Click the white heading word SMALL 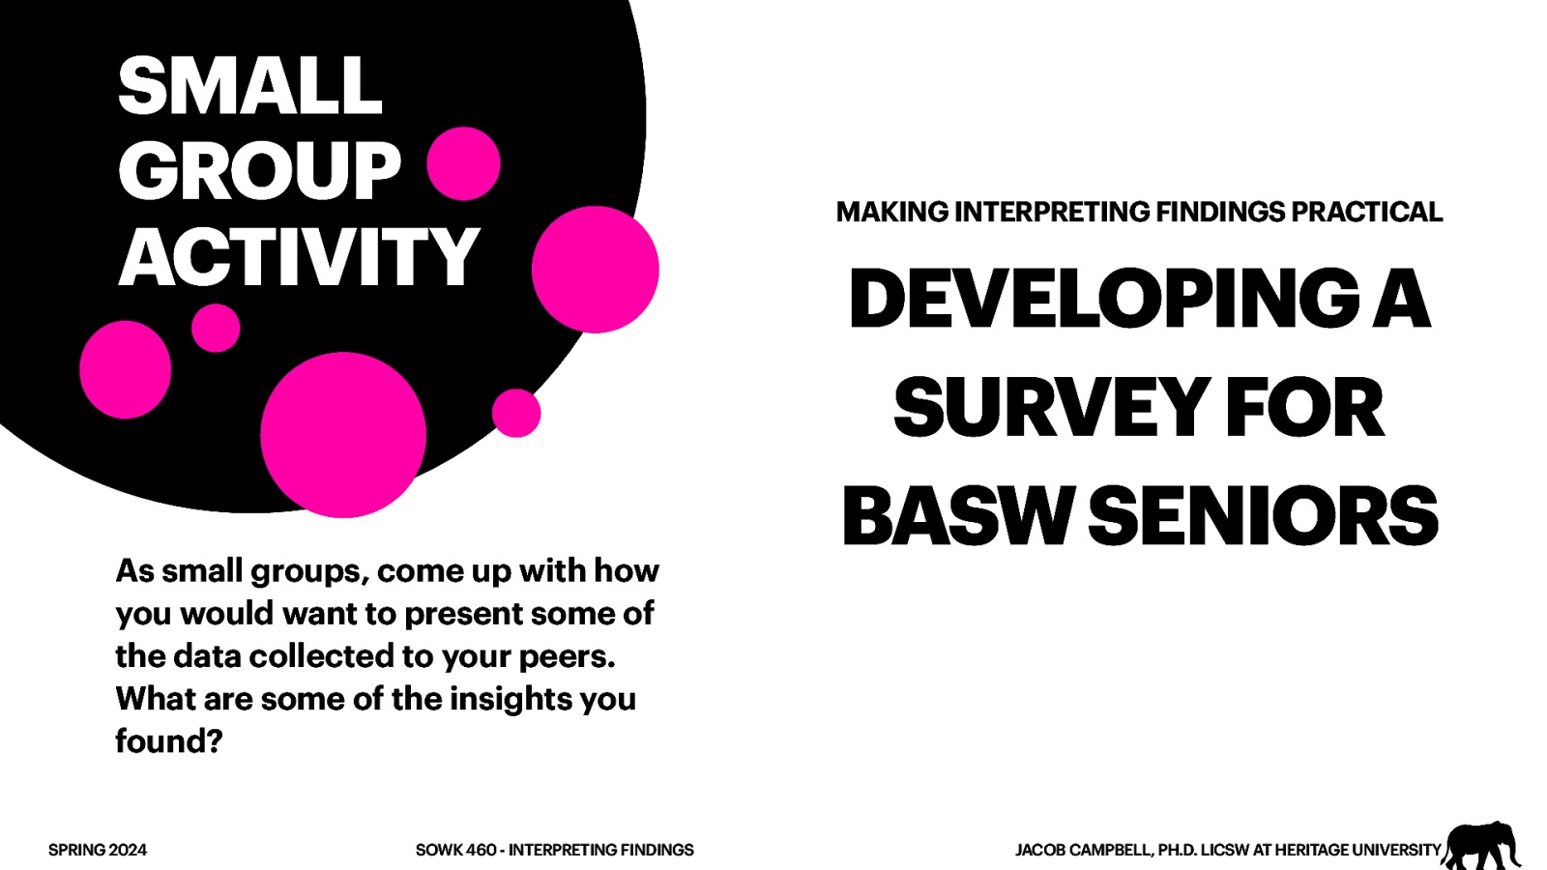pos(249,86)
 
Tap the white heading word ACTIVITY pos(299,257)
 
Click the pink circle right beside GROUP pos(463,163)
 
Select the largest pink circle pos(343,434)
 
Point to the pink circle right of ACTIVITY pos(595,269)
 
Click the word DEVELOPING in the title pos(1103,299)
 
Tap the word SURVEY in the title pos(1051,408)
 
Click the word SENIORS pos(1264,516)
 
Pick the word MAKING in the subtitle pos(891,212)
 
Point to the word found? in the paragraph pos(169,741)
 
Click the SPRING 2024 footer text pos(98,850)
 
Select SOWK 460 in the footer pos(455,850)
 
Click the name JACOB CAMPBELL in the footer pos(1082,850)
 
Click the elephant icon pos(1480,845)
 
